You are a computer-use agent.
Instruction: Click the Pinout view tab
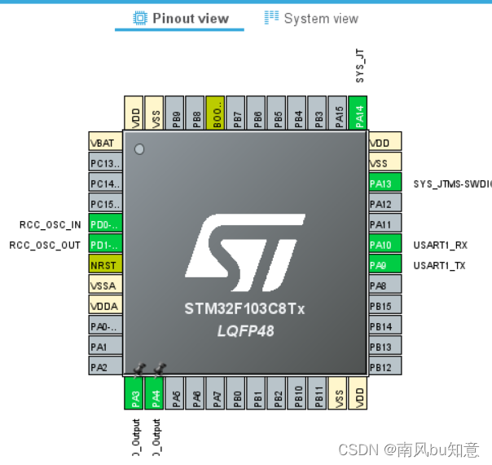180,18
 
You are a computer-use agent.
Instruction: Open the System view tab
311,18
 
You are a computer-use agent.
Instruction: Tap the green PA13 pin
384,184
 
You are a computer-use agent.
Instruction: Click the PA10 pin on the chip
384,245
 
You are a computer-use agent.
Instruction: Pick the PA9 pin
384,265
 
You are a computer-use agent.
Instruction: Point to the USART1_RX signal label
440,245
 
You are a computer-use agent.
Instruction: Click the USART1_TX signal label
440,265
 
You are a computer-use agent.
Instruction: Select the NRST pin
104,264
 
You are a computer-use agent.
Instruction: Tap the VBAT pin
104,142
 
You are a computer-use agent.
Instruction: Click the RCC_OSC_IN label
51,224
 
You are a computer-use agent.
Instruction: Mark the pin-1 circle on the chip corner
140,149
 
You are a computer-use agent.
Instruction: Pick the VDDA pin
104,305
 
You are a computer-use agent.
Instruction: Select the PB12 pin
384,367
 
